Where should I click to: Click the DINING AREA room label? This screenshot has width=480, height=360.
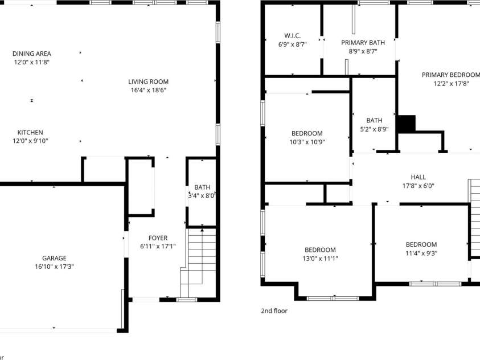point(32,54)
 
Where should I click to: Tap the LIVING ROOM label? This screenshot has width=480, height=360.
point(148,81)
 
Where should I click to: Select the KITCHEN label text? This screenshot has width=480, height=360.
point(30,132)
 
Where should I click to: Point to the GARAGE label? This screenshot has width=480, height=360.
point(54,258)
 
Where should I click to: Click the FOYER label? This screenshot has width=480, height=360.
point(158,238)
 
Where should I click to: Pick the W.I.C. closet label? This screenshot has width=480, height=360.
point(293,35)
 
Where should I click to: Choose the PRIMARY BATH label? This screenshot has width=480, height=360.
point(363,43)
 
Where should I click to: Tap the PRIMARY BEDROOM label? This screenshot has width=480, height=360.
point(450,75)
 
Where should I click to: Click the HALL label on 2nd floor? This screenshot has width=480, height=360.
point(418,177)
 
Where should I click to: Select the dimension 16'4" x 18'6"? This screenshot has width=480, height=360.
point(148,90)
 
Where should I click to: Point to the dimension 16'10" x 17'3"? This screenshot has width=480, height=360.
point(54,267)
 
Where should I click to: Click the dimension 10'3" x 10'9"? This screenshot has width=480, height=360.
point(306,142)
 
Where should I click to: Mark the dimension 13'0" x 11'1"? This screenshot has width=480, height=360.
point(320,259)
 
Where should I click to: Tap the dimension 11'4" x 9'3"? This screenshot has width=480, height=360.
point(421,253)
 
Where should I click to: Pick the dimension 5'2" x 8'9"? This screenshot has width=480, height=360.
point(374,129)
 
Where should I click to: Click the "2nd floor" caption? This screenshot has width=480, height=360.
point(274,311)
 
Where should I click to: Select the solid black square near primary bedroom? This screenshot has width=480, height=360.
point(407,124)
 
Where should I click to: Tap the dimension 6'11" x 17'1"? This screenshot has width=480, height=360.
point(158,247)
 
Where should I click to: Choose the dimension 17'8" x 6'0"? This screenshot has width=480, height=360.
point(418,186)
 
